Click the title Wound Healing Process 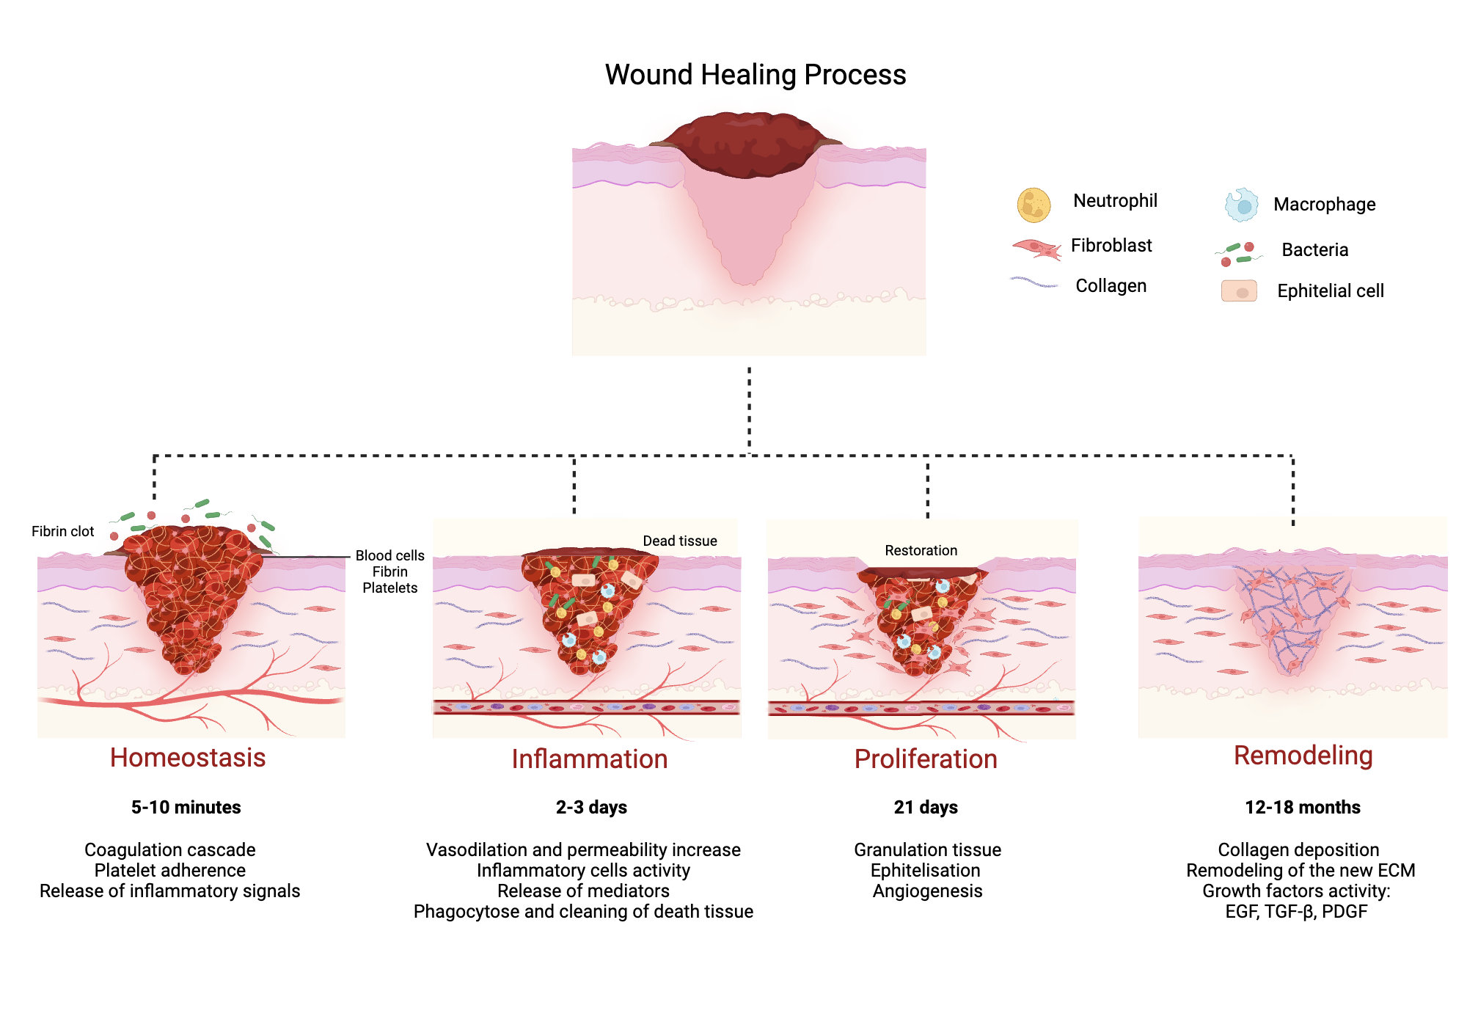[x=755, y=75]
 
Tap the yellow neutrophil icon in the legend [x=1034, y=205]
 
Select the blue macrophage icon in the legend [x=1241, y=205]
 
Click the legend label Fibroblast [x=1111, y=246]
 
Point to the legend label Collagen [x=1111, y=286]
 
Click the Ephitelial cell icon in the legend [x=1239, y=291]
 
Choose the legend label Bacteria [x=1314, y=250]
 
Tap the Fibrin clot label [x=62, y=531]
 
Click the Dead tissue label [x=679, y=541]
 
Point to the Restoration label [x=921, y=550]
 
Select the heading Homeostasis [x=188, y=758]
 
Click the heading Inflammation [x=589, y=759]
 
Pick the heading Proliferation [x=926, y=759]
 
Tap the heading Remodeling [x=1303, y=756]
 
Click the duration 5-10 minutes [x=186, y=808]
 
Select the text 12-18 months [x=1302, y=808]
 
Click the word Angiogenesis [x=927, y=891]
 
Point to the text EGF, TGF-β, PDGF [x=1296, y=912]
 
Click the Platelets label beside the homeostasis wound [x=389, y=588]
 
